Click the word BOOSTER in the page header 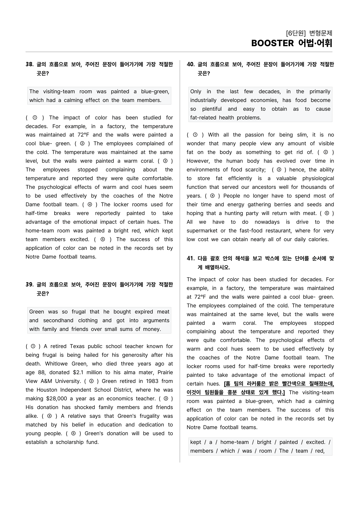click(272, 43)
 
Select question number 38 click(29, 64)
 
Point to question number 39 click(29, 284)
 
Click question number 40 click(190, 64)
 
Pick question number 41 click(190, 258)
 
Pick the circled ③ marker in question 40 click(279, 170)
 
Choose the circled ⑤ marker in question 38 click(102, 239)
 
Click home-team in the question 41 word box click(234, 442)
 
